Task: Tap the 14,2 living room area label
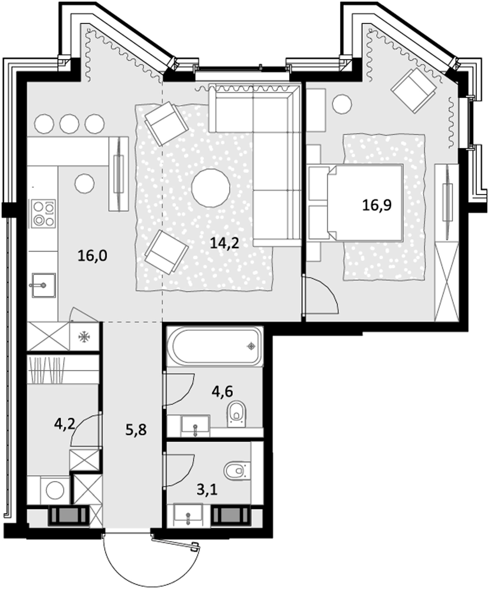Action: tap(224, 243)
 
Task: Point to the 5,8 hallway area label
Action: tap(136, 430)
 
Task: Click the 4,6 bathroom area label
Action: tap(222, 391)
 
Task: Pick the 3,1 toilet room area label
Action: tap(207, 491)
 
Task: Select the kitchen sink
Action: tap(43, 285)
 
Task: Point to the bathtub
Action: tap(215, 347)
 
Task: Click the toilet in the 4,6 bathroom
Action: tap(236, 414)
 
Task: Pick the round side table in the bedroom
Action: tap(342, 104)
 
